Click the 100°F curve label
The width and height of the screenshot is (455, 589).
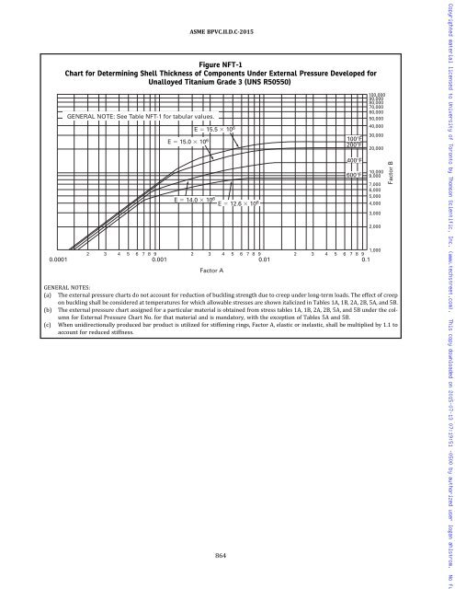[x=353, y=139]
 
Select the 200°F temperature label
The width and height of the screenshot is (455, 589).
[x=353, y=145]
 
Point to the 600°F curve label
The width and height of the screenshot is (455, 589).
[x=353, y=175]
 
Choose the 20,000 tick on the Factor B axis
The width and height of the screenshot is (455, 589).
[x=377, y=148]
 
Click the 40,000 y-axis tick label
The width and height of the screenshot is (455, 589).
[x=377, y=127]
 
